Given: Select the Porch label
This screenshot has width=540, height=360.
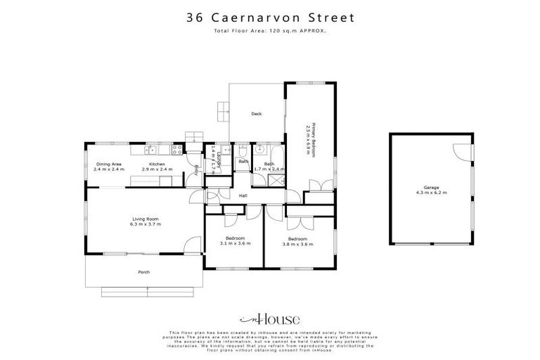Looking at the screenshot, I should coord(144,271).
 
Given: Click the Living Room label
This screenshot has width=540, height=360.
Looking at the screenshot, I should coord(146,219).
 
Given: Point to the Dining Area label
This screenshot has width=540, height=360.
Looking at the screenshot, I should coord(109,165).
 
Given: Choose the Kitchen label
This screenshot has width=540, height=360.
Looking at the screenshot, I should coord(156,165).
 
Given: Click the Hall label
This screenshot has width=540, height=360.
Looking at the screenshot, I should coord(243,195).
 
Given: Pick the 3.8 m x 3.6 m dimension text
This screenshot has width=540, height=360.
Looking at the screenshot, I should coord(297,244).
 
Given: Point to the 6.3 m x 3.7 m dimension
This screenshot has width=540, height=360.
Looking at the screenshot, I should coord(146,224).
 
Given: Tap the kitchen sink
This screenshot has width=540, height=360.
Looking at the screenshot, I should coord(150,150).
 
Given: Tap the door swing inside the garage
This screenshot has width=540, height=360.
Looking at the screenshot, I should coord(460,151).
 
